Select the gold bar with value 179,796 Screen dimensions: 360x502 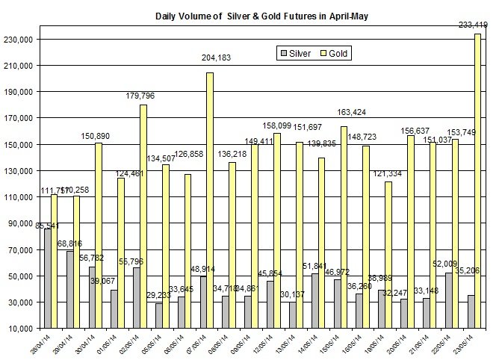click(143, 217)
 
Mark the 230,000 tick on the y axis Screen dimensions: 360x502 click(25, 39)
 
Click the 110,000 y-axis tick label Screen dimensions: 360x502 click(25, 196)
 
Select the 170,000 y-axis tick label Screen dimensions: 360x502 click(25, 118)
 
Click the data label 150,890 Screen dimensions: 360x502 click(97, 136)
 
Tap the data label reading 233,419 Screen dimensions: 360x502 click(472, 25)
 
